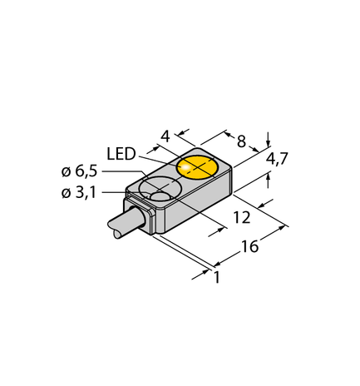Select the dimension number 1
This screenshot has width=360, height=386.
(217, 277)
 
